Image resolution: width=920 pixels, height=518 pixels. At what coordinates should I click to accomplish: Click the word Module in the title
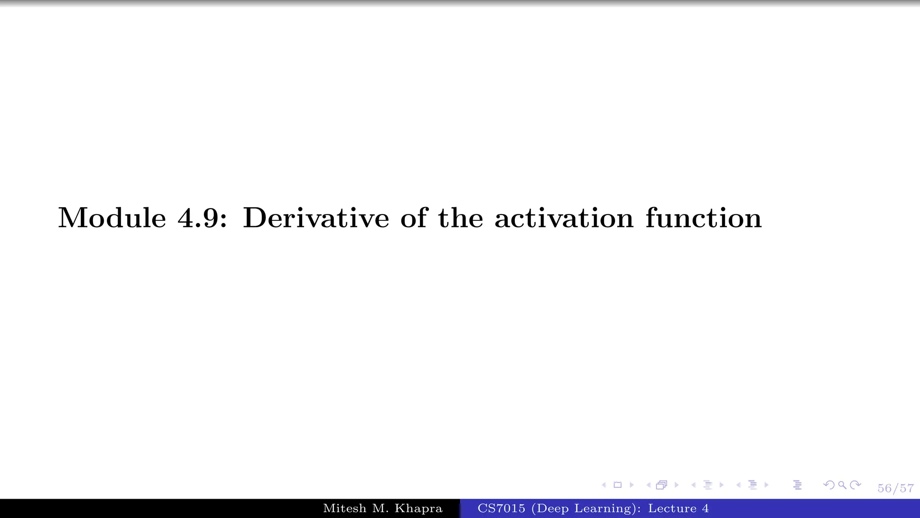tap(112, 218)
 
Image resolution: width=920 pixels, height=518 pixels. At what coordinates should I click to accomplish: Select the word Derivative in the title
tap(316, 218)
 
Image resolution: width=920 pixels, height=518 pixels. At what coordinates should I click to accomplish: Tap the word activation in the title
tap(564, 218)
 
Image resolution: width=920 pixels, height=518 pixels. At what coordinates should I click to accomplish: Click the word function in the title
tap(703, 218)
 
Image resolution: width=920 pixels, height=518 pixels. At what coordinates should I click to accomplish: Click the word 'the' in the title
tap(460, 218)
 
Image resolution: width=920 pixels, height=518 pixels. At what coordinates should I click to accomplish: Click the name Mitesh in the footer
tap(345, 509)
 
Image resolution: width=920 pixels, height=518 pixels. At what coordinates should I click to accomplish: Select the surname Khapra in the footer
tap(418, 509)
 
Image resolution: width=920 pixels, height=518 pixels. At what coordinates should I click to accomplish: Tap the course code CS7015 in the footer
tap(501, 509)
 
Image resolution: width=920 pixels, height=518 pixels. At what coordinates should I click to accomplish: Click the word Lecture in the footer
tap(672, 509)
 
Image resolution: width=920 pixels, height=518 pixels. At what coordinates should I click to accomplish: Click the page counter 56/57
tap(895, 488)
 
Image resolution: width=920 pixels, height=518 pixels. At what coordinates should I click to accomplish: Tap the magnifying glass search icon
tap(842, 485)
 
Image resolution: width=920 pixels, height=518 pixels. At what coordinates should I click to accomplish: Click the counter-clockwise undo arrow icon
tap(829, 485)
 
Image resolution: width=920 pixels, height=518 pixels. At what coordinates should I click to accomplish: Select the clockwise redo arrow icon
tap(856, 485)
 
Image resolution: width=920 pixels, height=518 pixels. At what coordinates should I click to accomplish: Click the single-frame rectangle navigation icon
tap(618, 485)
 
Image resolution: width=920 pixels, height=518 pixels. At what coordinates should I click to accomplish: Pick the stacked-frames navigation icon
tap(661, 485)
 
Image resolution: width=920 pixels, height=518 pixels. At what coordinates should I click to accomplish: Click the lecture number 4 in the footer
tap(705, 509)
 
